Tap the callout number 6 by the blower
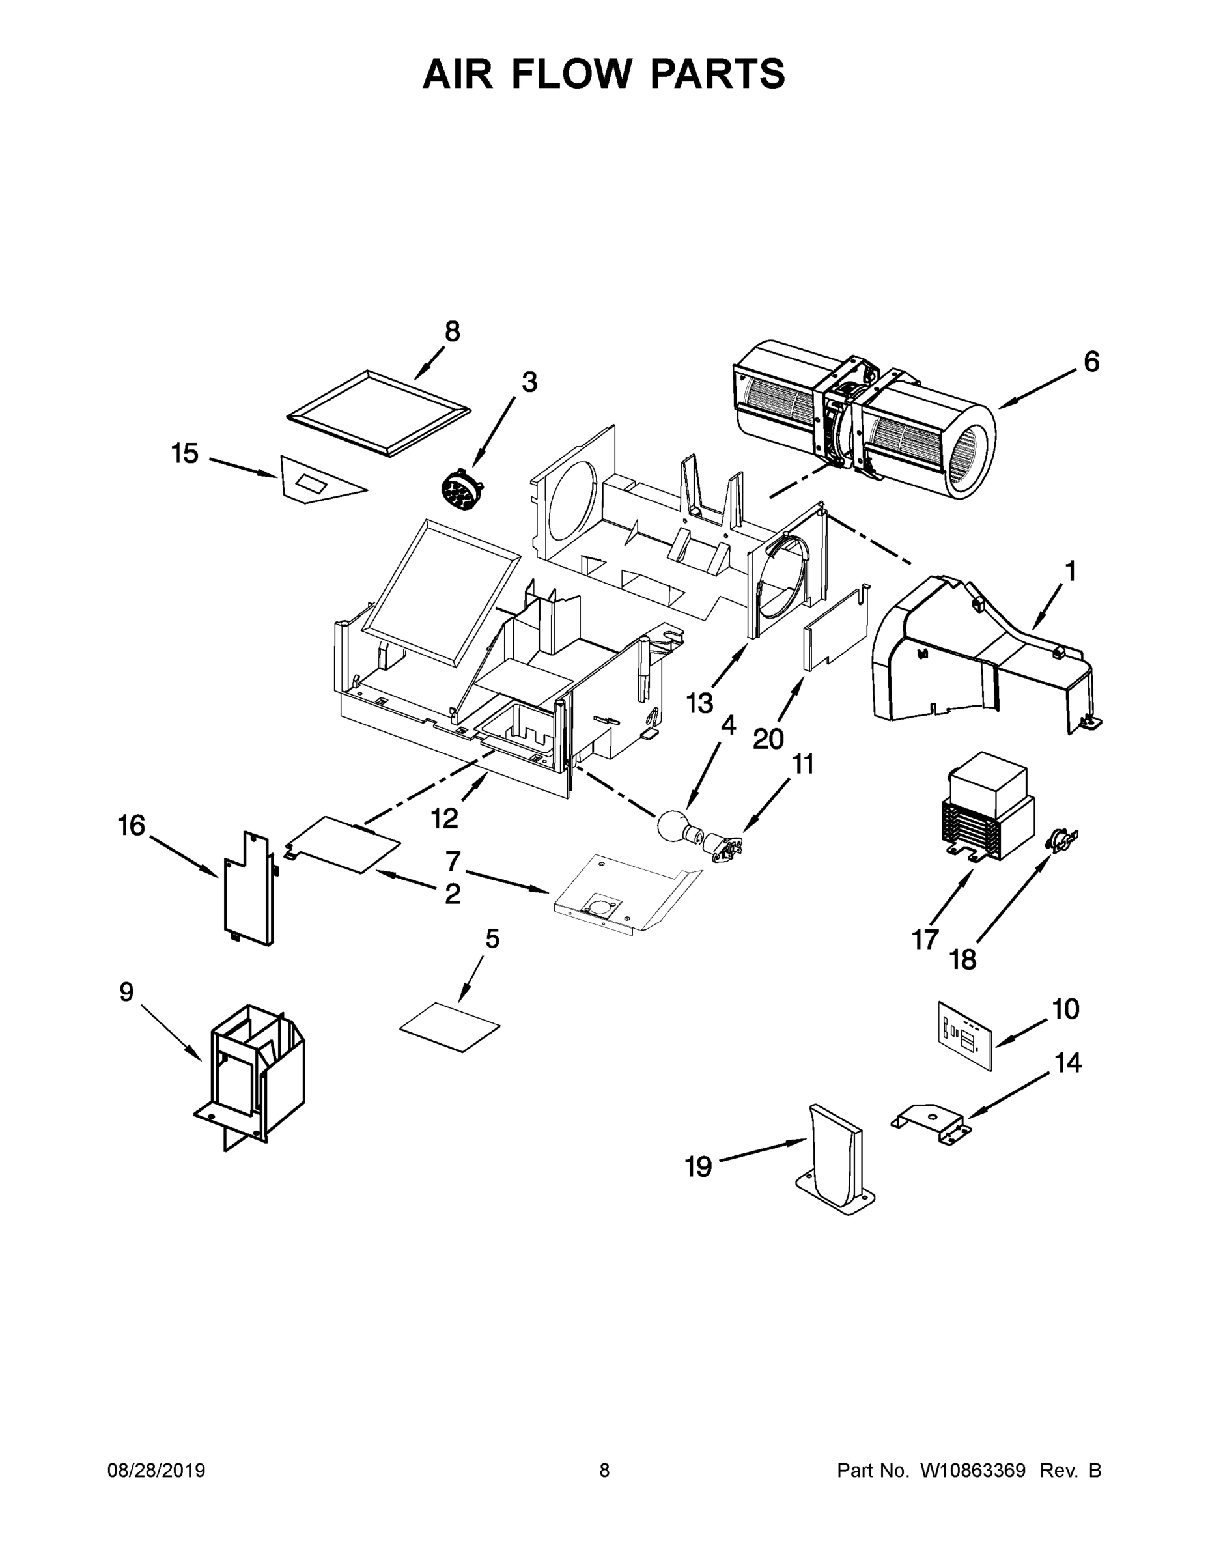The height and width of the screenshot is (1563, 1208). (1091, 363)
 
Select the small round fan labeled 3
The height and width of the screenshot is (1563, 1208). (462, 490)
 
